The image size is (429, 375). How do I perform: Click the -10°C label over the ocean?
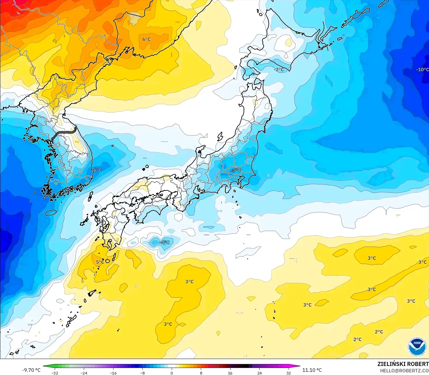point(422,70)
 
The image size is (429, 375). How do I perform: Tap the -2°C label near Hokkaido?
point(279,70)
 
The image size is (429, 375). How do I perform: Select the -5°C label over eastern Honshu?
point(235,170)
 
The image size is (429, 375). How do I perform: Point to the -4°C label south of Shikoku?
point(164,242)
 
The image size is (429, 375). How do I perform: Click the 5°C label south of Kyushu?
point(100,262)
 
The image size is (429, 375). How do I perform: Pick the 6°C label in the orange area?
point(146,39)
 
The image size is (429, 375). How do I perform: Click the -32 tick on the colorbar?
point(55,373)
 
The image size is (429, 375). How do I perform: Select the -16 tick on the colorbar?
point(113,373)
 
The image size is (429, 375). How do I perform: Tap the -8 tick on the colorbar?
point(143,373)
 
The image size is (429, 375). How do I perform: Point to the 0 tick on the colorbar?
point(172,373)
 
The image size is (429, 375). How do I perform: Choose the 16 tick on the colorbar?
point(230,373)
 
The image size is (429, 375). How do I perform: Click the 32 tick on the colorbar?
point(288,373)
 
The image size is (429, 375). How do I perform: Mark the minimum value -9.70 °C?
point(31,370)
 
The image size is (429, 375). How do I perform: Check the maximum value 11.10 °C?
point(312,370)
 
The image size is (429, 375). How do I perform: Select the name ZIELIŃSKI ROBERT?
point(403,364)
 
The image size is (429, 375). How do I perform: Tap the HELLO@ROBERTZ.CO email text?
point(404,371)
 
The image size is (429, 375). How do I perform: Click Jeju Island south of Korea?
point(51,212)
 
